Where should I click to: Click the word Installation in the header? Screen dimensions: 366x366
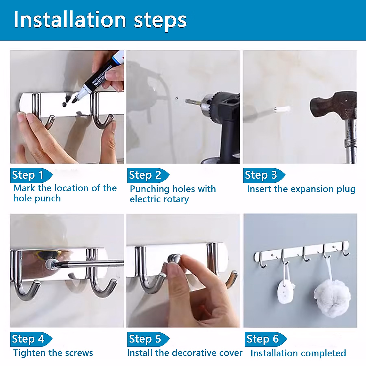[x=70, y=20]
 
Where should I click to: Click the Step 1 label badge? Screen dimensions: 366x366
[x=31, y=175]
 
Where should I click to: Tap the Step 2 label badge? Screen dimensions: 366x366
[x=148, y=175]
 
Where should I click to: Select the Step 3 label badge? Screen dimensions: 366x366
[x=264, y=175]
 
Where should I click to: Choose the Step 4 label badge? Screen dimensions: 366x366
[x=31, y=339]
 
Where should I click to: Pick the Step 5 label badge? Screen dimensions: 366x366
[x=148, y=339]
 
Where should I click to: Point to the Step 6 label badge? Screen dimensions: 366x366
[x=266, y=339]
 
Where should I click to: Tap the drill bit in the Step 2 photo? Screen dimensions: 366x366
[x=194, y=102]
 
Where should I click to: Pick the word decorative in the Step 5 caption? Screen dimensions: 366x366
[x=194, y=353]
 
